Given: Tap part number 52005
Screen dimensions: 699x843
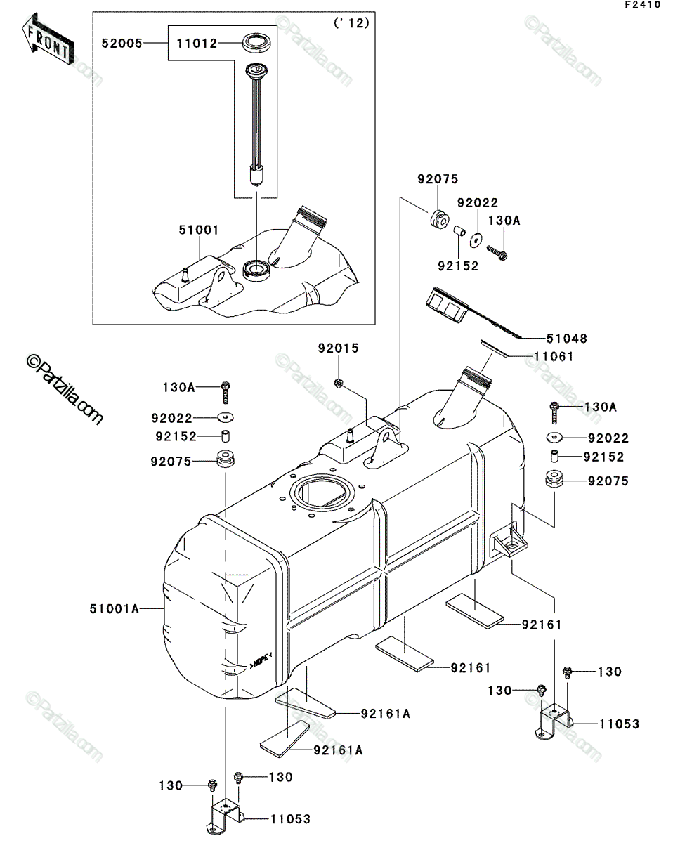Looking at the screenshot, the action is (x=122, y=43).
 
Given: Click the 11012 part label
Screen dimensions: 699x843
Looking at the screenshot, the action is (x=197, y=43).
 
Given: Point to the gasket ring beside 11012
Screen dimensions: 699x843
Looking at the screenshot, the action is (x=256, y=43).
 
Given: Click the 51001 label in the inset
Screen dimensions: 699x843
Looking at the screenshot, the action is (x=199, y=230).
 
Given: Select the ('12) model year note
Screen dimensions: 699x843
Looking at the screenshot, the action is (x=352, y=23).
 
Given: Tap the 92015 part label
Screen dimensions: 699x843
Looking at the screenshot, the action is (x=339, y=348).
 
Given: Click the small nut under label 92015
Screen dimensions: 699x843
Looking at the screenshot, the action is (x=339, y=384).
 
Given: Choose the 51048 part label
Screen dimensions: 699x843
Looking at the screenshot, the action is (x=567, y=339).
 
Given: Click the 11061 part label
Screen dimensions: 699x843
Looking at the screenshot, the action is (x=554, y=356).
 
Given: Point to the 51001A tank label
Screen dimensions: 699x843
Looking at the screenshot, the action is (x=115, y=608).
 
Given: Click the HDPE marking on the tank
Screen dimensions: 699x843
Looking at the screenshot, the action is (x=261, y=665).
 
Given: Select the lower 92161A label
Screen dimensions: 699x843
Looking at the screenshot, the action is (x=339, y=750).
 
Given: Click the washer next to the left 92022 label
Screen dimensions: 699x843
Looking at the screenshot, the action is (x=226, y=417).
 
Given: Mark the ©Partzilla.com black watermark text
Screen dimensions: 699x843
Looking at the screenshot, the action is (x=65, y=390).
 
